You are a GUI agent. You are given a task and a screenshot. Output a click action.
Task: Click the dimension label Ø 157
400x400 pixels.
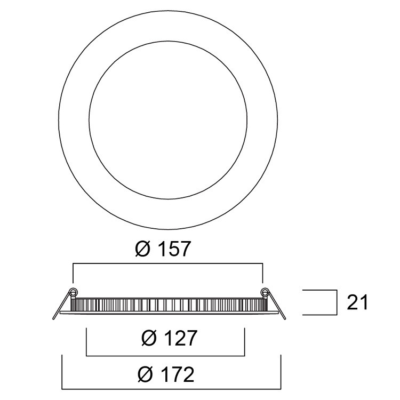(x=163, y=249)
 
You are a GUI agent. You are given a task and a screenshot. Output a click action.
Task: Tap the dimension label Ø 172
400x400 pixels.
(x=165, y=375)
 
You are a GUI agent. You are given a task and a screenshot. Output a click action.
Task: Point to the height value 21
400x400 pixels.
(x=358, y=302)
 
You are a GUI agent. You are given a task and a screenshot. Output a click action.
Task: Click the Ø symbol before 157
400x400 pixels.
(x=142, y=249)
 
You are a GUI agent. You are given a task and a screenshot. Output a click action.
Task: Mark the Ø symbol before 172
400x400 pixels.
(x=145, y=375)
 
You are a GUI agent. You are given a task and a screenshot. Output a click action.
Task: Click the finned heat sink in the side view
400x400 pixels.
(x=169, y=305)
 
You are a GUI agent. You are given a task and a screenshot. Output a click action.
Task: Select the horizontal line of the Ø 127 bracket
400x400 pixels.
(x=165, y=354)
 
